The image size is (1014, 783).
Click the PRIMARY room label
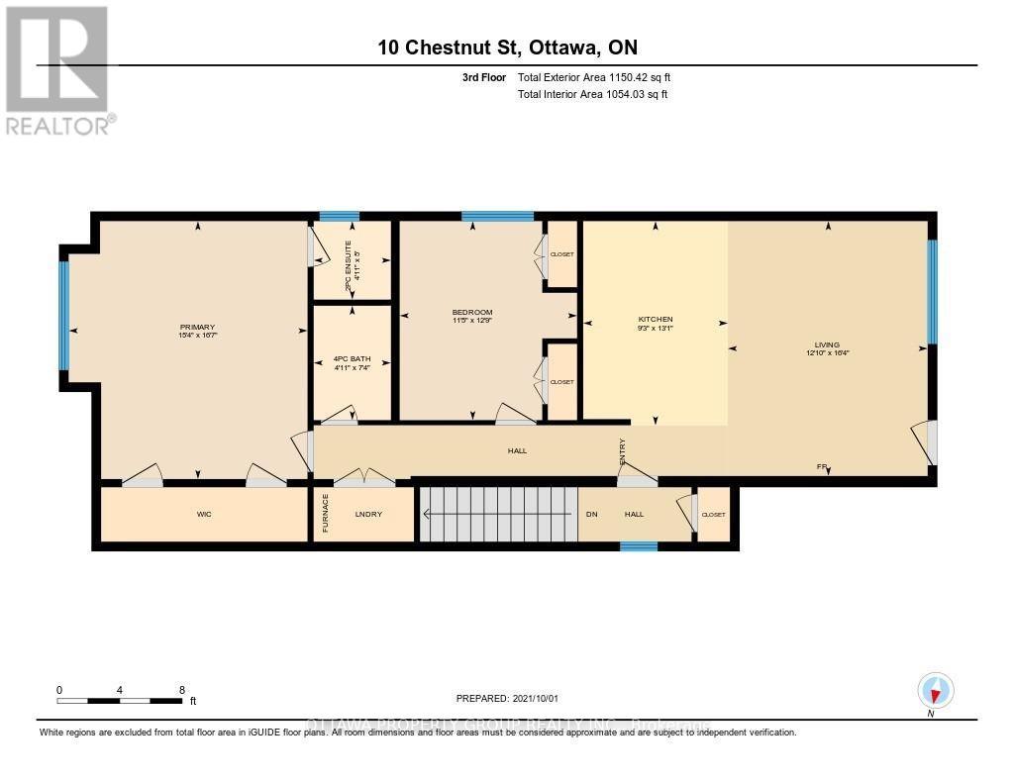click(x=197, y=328)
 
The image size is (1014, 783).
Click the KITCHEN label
click(x=655, y=320)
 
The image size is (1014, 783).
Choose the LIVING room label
click(x=828, y=345)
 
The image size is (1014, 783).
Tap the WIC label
click(x=204, y=514)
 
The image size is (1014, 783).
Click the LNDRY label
click(x=368, y=514)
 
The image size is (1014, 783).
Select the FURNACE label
click(x=325, y=515)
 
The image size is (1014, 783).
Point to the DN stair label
click(x=592, y=514)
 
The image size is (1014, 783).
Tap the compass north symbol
click(x=935, y=690)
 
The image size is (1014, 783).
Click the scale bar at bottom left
click(x=120, y=700)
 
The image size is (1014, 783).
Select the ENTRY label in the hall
click(x=622, y=451)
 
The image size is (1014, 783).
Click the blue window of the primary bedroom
click(x=64, y=314)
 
